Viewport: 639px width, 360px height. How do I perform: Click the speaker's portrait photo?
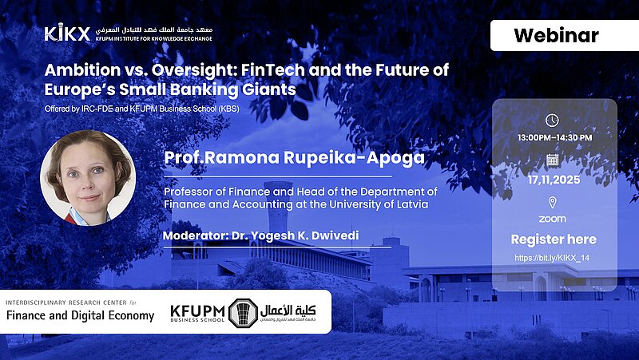[x=87, y=176]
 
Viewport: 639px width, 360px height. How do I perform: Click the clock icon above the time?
[x=552, y=121]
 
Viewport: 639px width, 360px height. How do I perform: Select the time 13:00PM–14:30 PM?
[x=554, y=138]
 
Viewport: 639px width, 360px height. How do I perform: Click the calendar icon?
[x=552, y=160]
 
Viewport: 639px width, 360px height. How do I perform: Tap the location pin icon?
[x=552, y=203]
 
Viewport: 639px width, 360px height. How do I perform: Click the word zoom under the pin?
[x=552, y=219]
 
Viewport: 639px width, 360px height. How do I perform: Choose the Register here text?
[x=554, y=239]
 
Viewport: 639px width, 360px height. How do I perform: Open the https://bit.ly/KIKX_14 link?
[x=554, y=258]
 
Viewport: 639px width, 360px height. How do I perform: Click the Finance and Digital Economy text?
[x=80, y=315]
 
